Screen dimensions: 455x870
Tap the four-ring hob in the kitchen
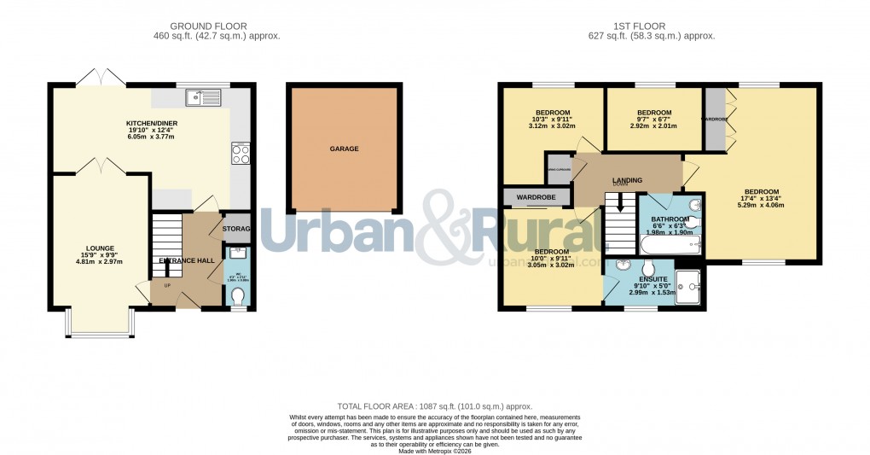pyautogui.click(x=240, y=154)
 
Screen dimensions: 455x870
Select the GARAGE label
pyautogui.click(x=345, y=149)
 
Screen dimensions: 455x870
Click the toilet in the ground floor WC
pyautogui.click(x=237, y=296)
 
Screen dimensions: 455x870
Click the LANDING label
pyautogui.click(x=626, y=180)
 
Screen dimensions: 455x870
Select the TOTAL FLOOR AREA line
pyautogui.click(x=434, y=407)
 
